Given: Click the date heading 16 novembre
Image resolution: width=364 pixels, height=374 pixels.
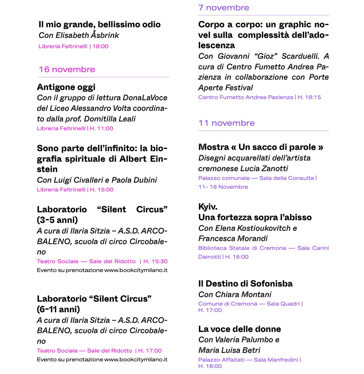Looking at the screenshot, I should [x=67, y=69].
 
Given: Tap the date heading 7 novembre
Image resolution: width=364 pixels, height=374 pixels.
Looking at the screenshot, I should [x=223, y=8].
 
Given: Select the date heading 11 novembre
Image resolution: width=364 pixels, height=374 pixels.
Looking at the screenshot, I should [x=226, y=123].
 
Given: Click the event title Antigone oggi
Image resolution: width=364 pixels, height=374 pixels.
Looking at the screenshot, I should [x=66, y=87].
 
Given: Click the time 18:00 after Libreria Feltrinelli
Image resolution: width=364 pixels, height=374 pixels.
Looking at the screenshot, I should [x=100, y=46].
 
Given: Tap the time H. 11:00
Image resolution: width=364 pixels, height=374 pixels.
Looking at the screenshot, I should [x=102, y=128].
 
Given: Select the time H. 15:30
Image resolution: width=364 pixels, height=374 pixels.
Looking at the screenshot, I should [x=155, y=261].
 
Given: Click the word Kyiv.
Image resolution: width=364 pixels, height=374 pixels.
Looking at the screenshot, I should [x=208, y=207].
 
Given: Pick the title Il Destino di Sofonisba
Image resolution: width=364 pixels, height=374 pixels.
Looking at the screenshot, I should [x=245, y=284].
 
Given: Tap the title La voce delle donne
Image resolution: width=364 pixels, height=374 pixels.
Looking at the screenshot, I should [x=239, y=329].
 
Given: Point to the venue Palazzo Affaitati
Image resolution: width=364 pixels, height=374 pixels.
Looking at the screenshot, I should [x=221, y=360].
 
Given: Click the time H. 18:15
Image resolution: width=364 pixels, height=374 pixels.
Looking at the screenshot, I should [x=309, y=97].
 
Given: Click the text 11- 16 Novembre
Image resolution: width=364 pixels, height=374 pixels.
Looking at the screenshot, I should [x=223, y=187].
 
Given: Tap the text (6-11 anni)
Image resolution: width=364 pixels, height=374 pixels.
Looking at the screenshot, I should [x=58, y=309].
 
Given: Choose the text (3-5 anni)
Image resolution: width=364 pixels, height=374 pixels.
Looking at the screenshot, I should [x=57, y=220].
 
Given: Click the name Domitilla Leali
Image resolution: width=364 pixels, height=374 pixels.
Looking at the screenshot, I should [x=110, y=119].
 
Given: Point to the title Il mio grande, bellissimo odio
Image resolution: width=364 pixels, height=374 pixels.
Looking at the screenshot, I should [x=99, y=25].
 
